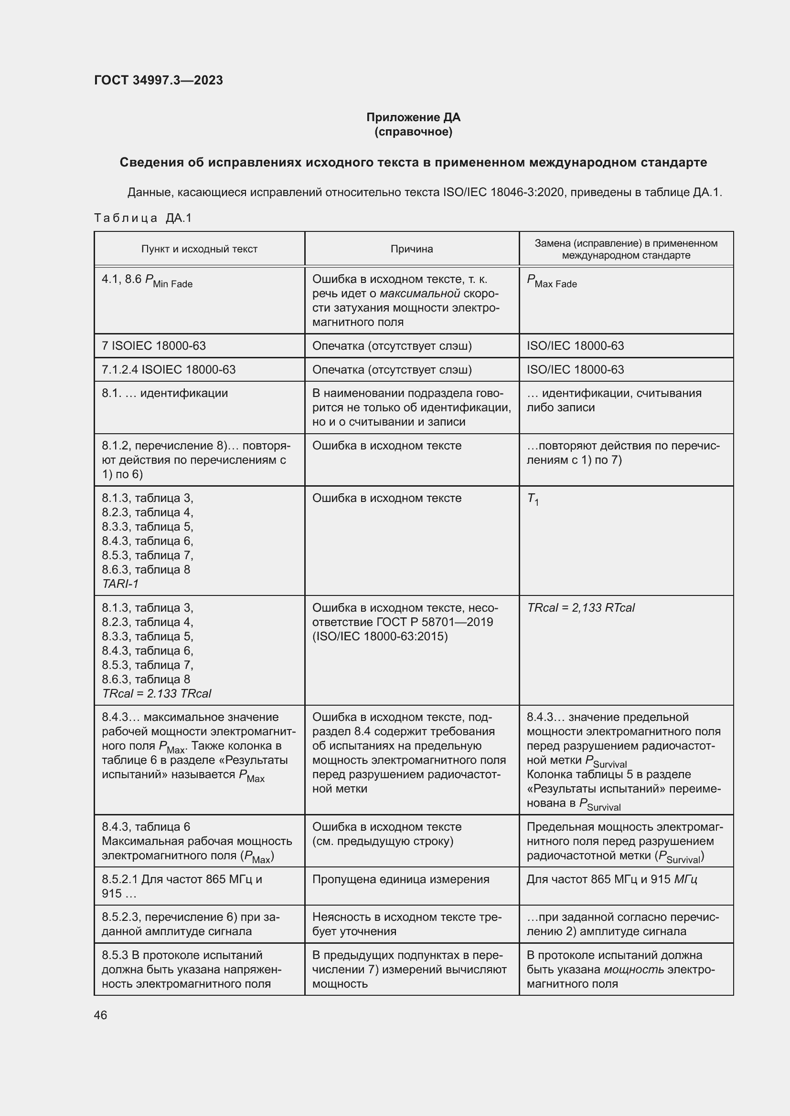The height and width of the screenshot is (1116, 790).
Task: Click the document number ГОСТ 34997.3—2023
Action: click(x=158, y=80)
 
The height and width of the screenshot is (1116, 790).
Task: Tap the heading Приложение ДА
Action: click(x=413, y=117)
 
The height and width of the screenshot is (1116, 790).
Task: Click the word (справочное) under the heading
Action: click(x=413, y=132)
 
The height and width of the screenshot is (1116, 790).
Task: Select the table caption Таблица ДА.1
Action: click(x=143, y=218)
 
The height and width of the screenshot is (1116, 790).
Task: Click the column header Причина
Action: click(x=412, y=249)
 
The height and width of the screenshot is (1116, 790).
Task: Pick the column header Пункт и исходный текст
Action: click(x=199, y=249)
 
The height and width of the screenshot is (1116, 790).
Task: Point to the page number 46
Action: click(x=100, y=1015)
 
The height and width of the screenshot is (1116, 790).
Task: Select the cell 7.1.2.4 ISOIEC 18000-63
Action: click(x=168, y=369)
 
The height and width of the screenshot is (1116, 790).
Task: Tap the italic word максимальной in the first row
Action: click(x=419, y=293)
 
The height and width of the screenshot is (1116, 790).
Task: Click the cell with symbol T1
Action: click(x=533, y=499)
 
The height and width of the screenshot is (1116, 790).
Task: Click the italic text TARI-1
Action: click(x=120, y=584)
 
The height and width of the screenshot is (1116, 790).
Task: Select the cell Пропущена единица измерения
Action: click(x=400, y=879)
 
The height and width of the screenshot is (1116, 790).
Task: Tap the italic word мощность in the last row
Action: click(x=633, y=970)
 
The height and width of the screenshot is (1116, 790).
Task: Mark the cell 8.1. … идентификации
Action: click(x=164, y=393)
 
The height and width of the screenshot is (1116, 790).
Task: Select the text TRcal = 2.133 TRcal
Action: click(x=156, y=694)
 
